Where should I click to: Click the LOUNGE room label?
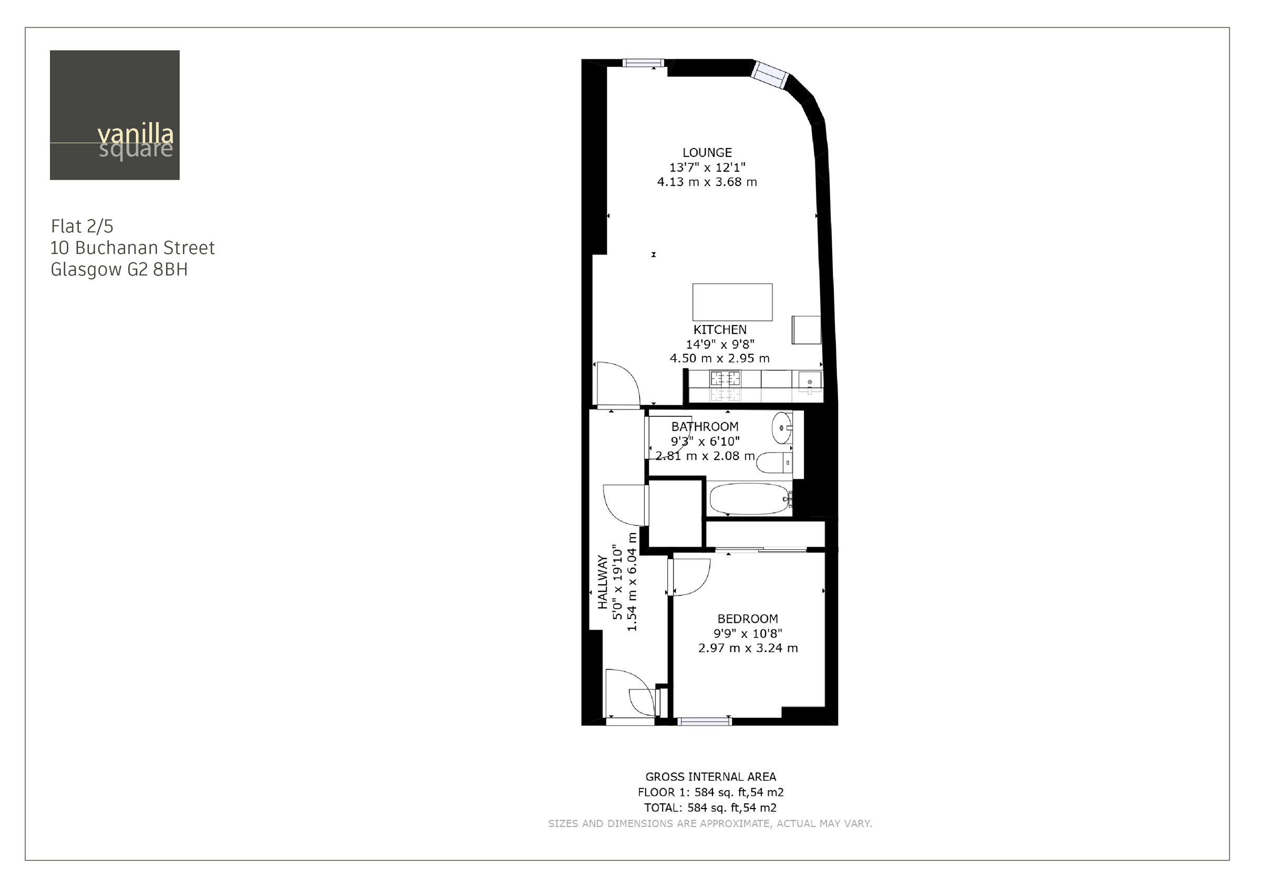click(707, 153)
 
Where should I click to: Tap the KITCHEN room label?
click(719, 330)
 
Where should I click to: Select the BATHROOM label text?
click(705, 426)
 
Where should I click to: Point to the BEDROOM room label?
click(748, 619)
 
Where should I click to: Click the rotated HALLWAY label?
click(603, 582)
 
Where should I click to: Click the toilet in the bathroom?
click(774, 463)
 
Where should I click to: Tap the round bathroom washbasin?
click(781, 428)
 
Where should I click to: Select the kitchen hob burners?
click(725, 379)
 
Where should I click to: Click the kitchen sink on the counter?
click(810, 381)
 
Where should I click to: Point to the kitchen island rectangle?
click(732, 302)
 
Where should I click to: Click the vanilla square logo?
click(115, 116)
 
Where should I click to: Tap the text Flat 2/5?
click(82, 226)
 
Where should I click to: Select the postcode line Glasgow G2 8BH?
click(119, 269)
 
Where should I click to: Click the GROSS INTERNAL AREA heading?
click(710, 777)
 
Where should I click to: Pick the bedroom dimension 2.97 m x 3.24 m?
click(748, 648)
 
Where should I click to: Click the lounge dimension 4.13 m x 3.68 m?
click(707, 182)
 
